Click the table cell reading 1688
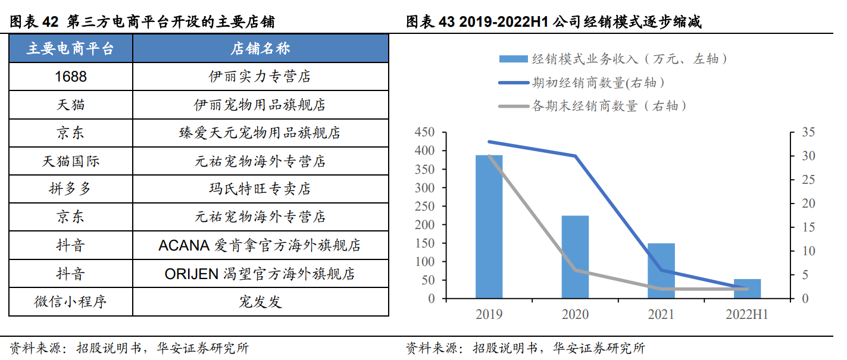71,76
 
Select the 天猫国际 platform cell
71,161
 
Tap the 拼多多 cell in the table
71,189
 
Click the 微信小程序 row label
71,302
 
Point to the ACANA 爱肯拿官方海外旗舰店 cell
260,245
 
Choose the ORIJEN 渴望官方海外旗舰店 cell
260,273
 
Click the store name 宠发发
260,302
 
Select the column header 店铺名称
260,48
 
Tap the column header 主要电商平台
71,48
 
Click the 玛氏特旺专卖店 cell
260,189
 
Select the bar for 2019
489,227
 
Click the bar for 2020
575,257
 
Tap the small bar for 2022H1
747,289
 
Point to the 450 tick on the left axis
424,132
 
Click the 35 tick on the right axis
808,132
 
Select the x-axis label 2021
661,314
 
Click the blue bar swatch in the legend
513,59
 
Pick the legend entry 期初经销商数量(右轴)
598,83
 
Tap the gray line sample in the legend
514,107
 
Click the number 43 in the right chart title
446,21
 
